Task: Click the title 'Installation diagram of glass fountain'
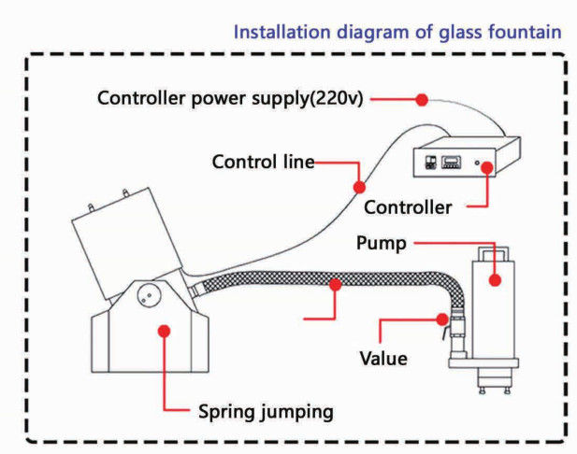click(x=397, y=32)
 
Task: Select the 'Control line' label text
click(x=262, y=161)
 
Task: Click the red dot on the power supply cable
click(x=421, y=99)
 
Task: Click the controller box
click(x=466, y=160)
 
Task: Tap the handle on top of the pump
click(x=493, y=253)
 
